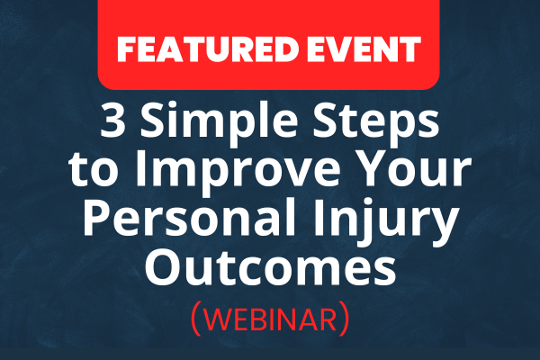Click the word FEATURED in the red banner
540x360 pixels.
(x=207, y=49)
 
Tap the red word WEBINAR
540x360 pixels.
(x=270, y=319)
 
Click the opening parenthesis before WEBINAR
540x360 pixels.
(x=196, y=319)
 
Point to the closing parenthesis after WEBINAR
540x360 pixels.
(x=345, y=319)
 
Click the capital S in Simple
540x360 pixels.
(x=153, y=121)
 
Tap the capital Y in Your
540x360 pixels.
(x=368, y=169)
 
